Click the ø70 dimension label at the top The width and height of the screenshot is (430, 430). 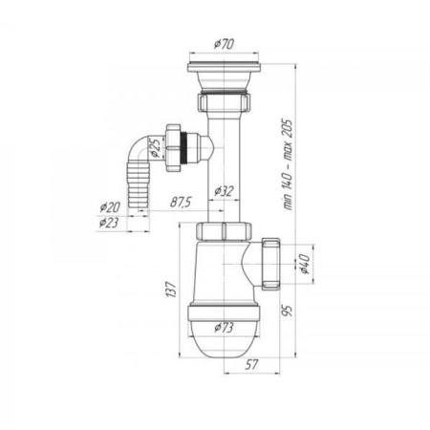pos(224,44)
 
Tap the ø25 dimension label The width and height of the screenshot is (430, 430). pos(154,148)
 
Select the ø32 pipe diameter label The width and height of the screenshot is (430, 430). pos(224,191)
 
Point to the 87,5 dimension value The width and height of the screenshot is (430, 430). pos(181,203)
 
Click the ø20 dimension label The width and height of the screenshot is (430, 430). pos(110,207)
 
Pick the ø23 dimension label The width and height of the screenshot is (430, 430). pos(109,223)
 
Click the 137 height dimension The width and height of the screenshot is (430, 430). pos(171,290)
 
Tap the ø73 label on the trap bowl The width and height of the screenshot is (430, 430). pos(224,328)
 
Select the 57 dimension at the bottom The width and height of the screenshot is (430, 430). pos(251,365)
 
